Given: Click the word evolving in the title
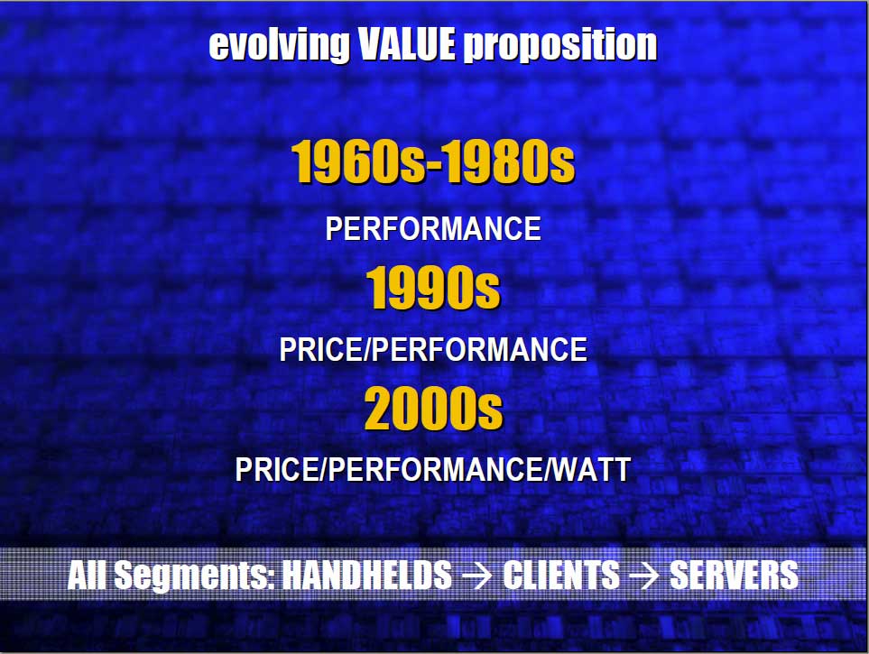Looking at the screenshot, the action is tap(279, 44).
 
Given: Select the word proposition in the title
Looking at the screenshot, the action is tap(560, 45).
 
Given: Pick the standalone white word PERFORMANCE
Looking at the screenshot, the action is tap(433, 228).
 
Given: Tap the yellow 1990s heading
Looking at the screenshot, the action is tap(433, 287).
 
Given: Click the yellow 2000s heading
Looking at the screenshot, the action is tap(433, 408).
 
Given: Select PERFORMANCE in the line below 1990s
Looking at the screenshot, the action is tap(479, 349).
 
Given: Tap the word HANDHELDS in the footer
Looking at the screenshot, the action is tap(367, 575).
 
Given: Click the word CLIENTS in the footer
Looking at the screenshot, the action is tap(561, 575).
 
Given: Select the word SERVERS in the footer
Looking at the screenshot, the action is tap(734, 575).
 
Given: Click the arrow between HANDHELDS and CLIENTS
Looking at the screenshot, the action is tap(477, 576).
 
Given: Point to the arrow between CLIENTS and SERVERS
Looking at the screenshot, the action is tap(644, 576).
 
